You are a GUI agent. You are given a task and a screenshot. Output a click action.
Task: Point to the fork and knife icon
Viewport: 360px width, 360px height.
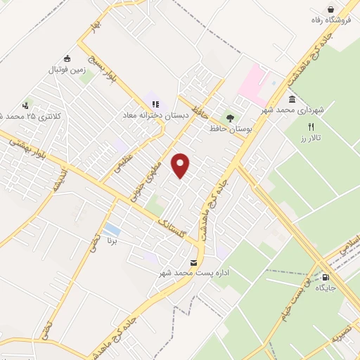(311, 127)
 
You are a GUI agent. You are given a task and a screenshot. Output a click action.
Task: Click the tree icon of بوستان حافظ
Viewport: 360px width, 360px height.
(229, 117)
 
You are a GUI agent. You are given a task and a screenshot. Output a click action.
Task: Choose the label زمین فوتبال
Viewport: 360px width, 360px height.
(66, 70)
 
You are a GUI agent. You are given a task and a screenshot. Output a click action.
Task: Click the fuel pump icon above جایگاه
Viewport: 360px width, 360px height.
(325, 278)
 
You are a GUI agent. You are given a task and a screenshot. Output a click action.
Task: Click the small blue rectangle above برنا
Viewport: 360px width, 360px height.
(111, 230)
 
